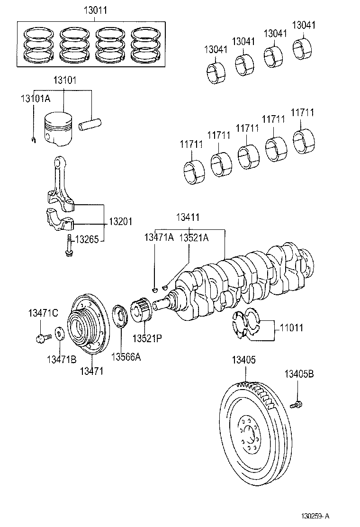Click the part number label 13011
[x=94, y=9]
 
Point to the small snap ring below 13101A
[x=33, y=139]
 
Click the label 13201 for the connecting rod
[x=120, y=221]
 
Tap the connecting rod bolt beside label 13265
[x=69, y=245]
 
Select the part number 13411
[x=188, y=217]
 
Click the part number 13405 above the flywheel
[x=244, y=360]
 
